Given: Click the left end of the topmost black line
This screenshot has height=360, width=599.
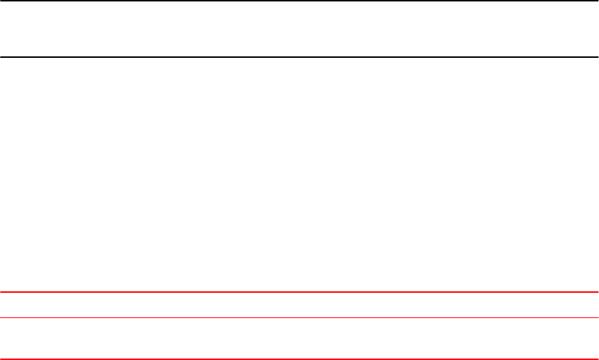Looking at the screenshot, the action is click(x=1, y=1).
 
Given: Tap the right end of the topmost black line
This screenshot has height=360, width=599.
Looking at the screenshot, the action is click(x=598, y=1).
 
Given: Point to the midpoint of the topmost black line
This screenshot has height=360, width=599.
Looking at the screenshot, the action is click(x=299, y=1).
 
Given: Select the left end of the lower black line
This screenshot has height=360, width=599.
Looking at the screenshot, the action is click(x=1, y=57).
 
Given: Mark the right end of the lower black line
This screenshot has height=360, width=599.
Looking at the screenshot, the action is click(x=598, y=57).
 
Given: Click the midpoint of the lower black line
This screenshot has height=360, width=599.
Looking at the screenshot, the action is click(x=299, y=57).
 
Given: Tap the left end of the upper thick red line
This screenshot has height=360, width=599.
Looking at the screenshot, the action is click(x=1, y=292).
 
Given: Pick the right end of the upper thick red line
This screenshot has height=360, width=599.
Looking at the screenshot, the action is click(x=598, y=292).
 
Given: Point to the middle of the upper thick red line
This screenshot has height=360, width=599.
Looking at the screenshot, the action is click(x=299, y=292).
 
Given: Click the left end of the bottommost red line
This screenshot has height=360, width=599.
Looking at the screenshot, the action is click(x=1, y=359).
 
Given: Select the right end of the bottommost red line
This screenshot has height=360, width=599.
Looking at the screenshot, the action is click(x=598, y=359).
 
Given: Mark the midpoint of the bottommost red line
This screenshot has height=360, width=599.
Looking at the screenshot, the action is click(x=299, y=359).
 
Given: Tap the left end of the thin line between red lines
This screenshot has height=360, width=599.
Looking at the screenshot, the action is click(x=1, y=317).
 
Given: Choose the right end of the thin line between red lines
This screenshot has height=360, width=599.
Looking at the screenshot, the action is click(x=598, y=317).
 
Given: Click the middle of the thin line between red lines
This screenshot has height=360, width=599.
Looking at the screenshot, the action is click(x=299, y=317).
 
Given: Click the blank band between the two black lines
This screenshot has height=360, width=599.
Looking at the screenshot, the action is click(x=299, y=29).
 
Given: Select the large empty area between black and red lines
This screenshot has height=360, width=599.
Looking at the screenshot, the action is click(x=299, y=173).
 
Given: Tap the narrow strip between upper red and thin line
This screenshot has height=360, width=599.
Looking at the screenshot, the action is click(x=299, y=305).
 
